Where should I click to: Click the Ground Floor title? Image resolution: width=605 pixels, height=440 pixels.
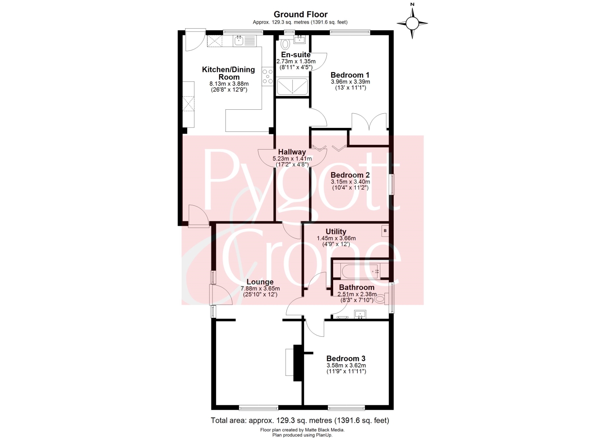point(300,14)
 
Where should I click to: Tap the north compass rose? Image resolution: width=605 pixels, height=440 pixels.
point(412,23)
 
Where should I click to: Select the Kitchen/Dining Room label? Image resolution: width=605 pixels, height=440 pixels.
point(229,73)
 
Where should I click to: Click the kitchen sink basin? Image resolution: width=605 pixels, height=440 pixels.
point(50,41)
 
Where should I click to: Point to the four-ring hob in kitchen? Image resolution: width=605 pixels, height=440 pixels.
point(268,77)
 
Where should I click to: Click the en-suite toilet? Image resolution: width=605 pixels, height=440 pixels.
point(285,44)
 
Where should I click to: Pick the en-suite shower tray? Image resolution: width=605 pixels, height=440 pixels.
point(292,86)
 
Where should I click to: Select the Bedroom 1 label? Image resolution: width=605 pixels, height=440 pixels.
point(350,75)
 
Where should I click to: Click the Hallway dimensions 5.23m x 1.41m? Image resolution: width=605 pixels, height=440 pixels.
point(292,158)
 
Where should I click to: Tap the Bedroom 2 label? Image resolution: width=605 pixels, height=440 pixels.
point(350,175)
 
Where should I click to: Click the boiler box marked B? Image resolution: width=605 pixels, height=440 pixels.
point(385,231)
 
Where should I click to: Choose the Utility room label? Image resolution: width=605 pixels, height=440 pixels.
point(336,231)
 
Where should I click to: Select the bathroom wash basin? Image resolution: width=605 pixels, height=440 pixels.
point(360,315)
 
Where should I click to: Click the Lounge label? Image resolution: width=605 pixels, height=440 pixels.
point(260,282)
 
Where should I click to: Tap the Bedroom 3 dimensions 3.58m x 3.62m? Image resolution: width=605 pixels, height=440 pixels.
point(346,365)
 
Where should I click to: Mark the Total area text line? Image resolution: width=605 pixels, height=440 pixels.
point(300,420)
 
